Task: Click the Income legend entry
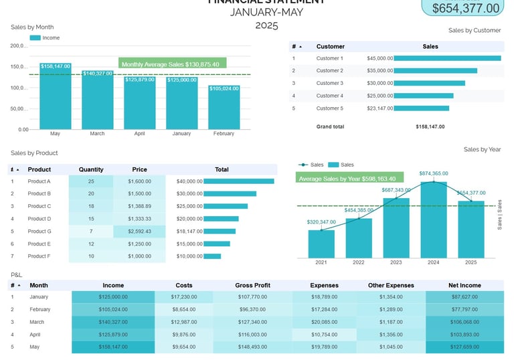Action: pos(45,38)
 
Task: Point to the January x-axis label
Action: pos(181,134)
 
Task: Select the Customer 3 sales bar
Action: pos(430,83)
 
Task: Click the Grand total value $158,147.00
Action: pos(430,126)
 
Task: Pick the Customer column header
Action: pos(331,47)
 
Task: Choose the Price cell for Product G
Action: pos(139,232)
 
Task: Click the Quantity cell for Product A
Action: pos(91,181)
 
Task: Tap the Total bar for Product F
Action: pos(212,256)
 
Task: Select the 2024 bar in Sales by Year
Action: pos(434,221)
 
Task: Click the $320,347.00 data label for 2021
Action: pos(321,222)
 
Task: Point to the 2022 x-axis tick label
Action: pos(359,262)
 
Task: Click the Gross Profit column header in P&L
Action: pos(252,285)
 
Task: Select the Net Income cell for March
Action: pos(464,322)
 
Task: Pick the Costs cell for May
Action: pos(183,347)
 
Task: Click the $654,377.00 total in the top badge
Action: pos(466,8)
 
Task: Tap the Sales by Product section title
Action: pos(34,153)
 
